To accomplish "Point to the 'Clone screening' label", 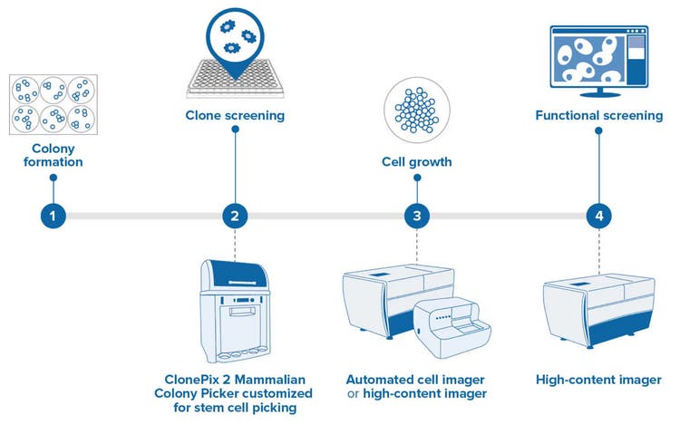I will point(235,115).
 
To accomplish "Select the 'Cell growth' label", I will point(416,162).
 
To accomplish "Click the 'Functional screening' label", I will point(598,115).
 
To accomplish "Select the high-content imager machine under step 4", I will point(597,307).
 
